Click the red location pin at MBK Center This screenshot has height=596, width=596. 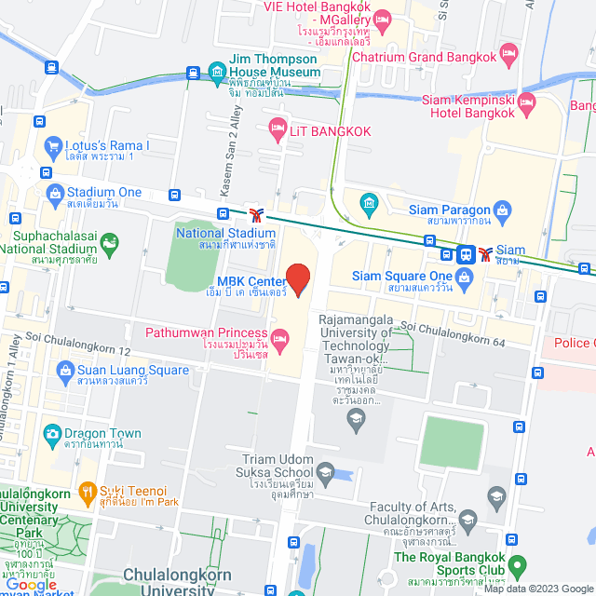[297, 278]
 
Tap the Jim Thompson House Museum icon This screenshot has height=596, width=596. [216, 71]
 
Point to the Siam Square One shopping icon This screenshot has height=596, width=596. [464, 276]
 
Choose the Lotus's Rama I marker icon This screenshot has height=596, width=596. [51, 146]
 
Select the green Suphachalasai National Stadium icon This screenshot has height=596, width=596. [110, 243]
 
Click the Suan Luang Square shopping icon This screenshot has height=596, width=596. [65, 372]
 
